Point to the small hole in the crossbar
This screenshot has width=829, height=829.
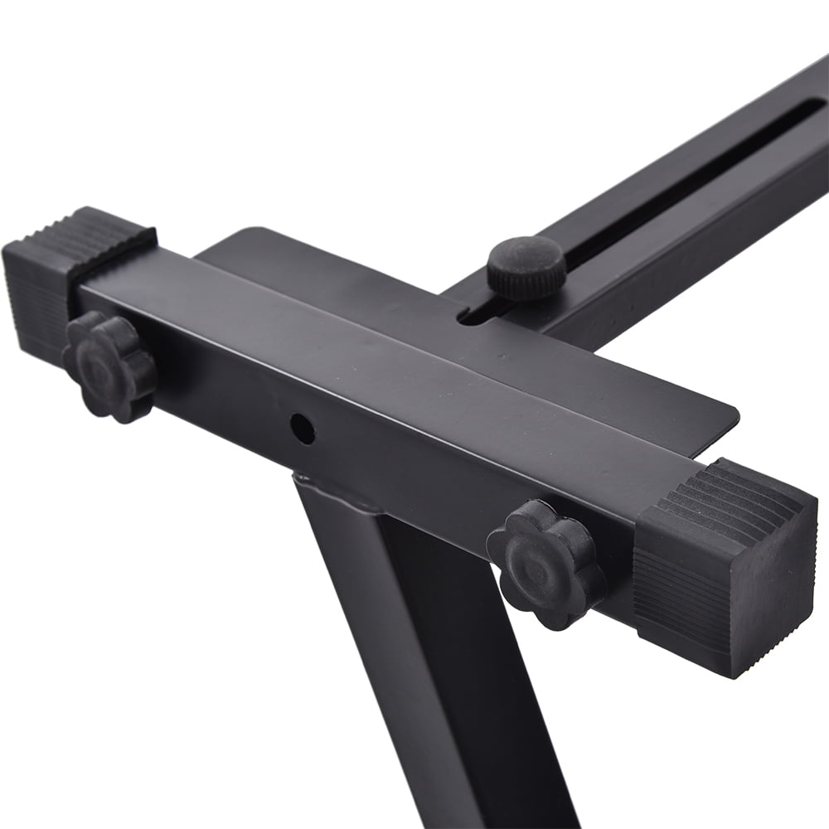pyautogui.click(x=303, y=427)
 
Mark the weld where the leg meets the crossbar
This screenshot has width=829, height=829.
pyautogui.click(x=332, y=489)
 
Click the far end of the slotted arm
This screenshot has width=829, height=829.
pyautogui.click(x=812, y=83)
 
